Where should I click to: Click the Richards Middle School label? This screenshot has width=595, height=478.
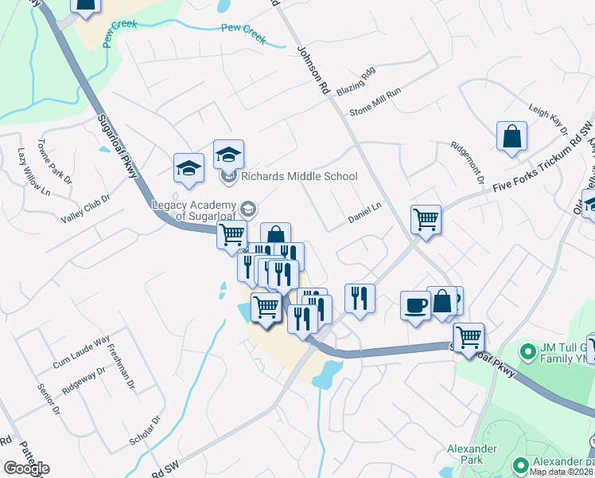point(300,176)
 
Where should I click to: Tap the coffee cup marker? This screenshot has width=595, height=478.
point(414,304)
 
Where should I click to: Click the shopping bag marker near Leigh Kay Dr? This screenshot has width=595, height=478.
point(511,136)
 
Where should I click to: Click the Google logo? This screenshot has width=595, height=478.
point(26,468)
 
